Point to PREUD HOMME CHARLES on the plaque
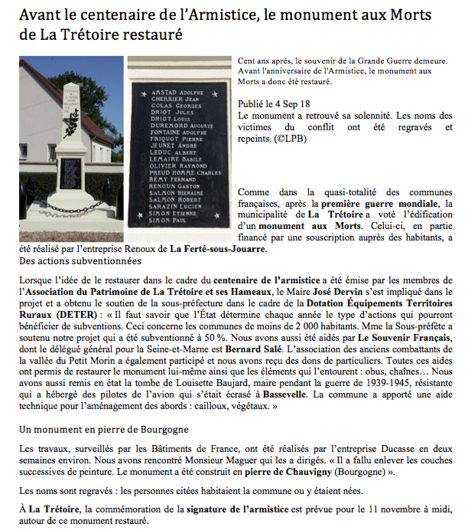[x=185, y=173]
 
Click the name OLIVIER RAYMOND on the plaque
[x=178, y=166]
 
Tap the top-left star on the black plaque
[x=144, y=94]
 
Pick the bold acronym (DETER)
[x=75, y=315]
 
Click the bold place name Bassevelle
[x=284, y=394]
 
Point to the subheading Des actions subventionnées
[x=80, y=261]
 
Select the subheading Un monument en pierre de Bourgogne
[x=104, y=429]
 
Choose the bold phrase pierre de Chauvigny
[x=288, y=472]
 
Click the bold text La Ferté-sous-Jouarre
[x=218, y=249]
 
